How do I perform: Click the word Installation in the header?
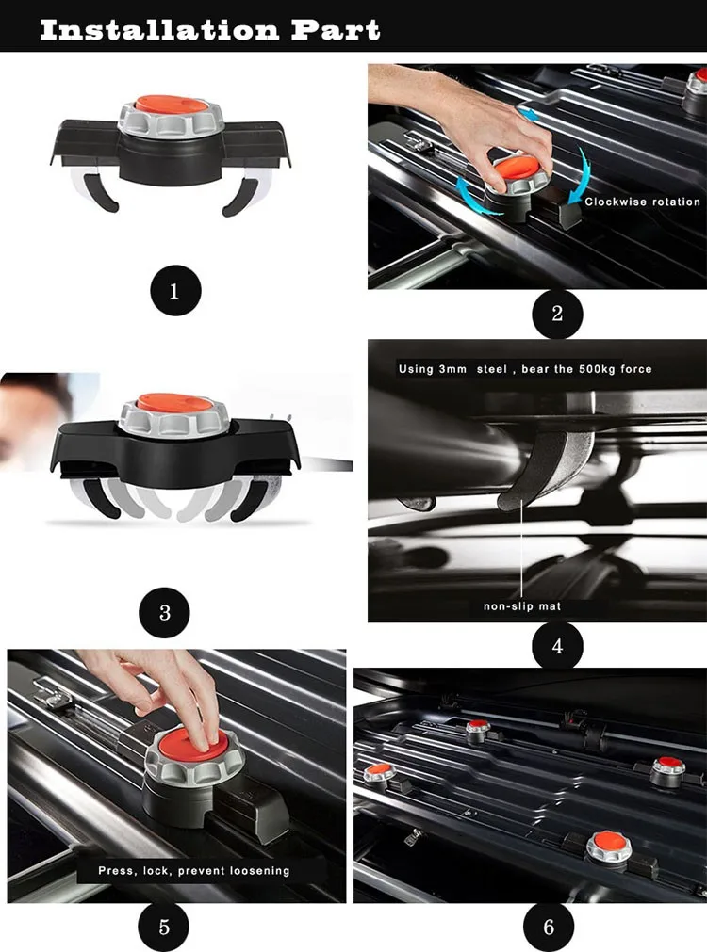tap(159, 29)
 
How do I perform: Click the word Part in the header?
tap(336, 29)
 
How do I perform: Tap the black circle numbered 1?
tap(175, 290)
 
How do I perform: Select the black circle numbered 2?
tap(557, 314)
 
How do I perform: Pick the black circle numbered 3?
tap(164, 612)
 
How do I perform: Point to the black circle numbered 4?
tap(557, 646)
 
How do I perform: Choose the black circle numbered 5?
tap(163, 928)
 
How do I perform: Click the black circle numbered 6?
tap(549, 928)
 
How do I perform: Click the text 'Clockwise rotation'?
tap(643, 202)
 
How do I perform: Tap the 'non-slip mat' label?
tap(522, 605)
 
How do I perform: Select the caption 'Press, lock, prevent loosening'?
tap(194, 871)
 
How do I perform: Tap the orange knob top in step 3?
tap(174, 402)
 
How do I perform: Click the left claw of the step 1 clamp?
tap(95, 189)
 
